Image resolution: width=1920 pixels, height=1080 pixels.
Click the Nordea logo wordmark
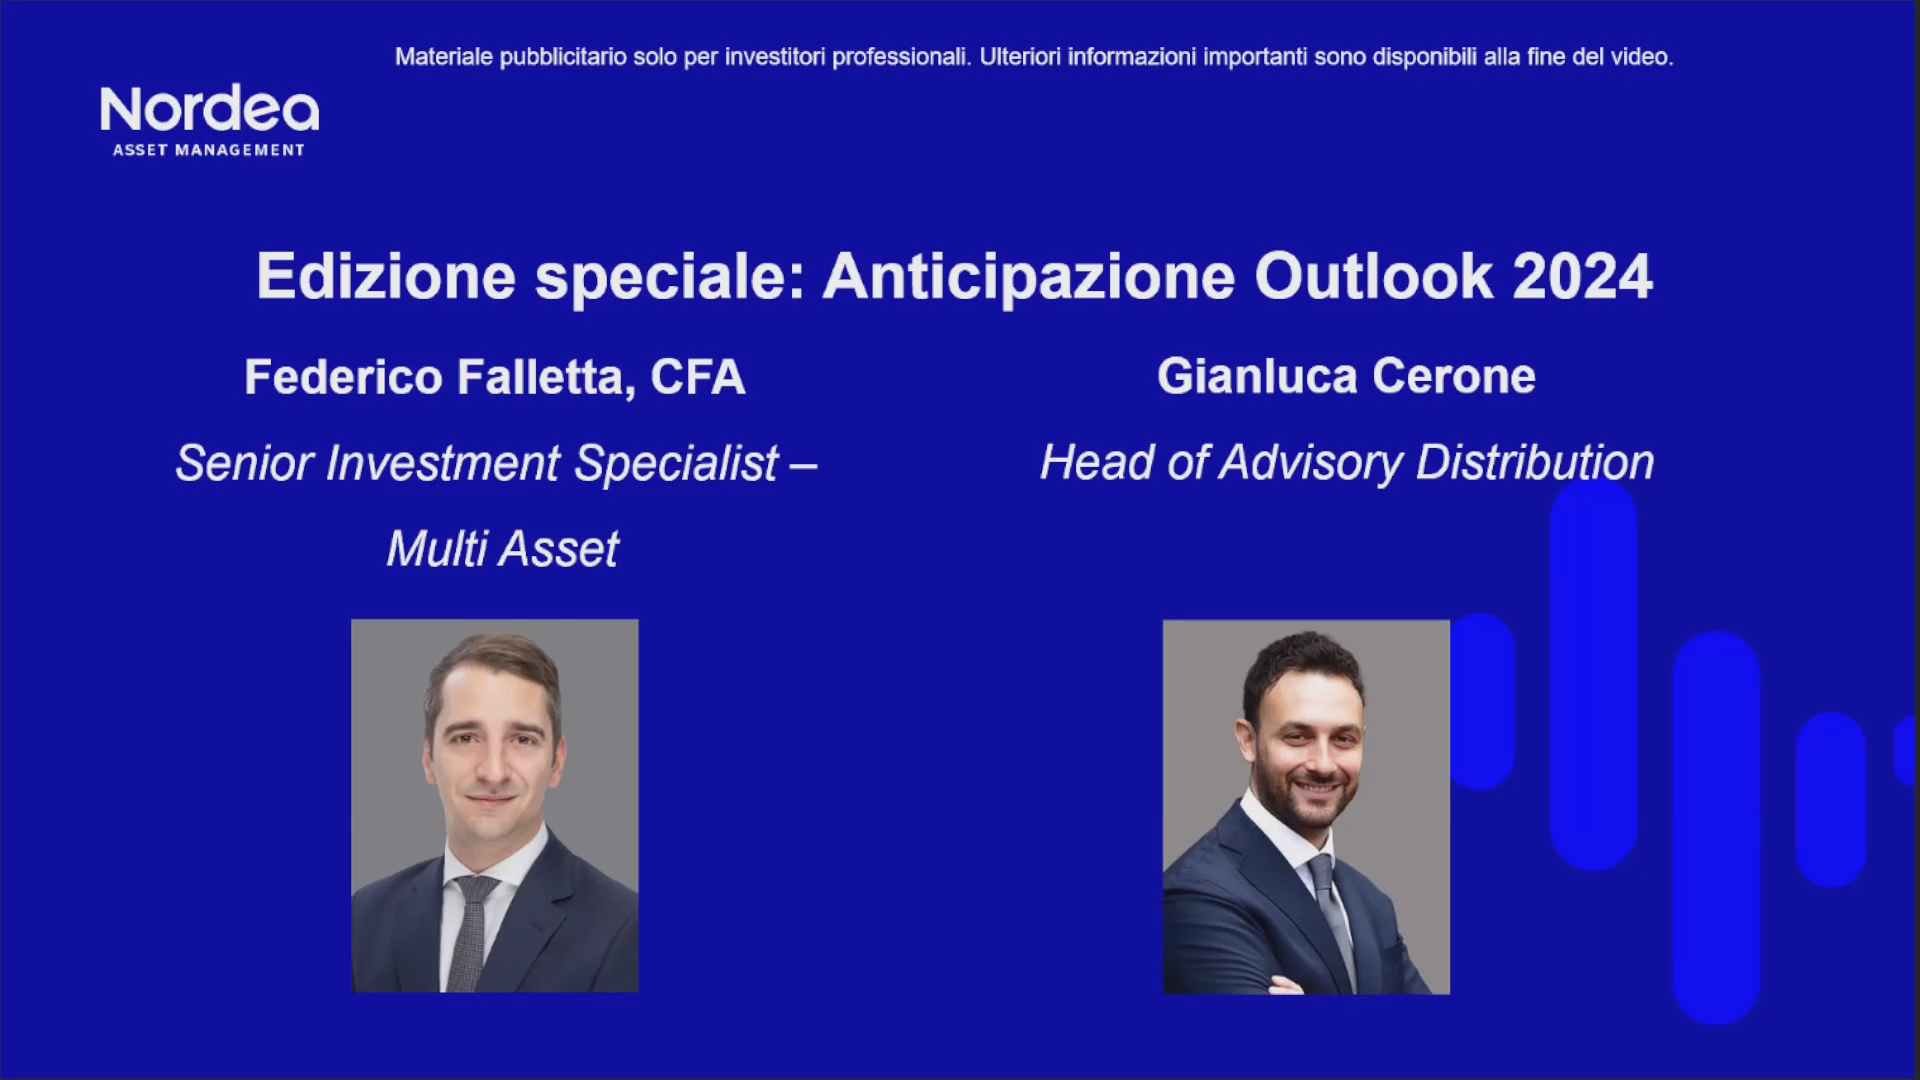(x=209, y=109)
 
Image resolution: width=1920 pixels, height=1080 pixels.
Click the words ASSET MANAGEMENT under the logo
(x=208, y=150)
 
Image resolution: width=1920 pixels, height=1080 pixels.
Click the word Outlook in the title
(x=1373, y=277)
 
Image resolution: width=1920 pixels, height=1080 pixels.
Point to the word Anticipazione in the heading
(x=1028, y=277)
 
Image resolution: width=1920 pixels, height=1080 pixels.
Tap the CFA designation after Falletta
(x=698, y=378)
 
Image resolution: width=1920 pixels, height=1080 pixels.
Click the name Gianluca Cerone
(x=1346, y=377)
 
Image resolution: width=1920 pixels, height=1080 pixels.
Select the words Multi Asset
(x=502, y=549)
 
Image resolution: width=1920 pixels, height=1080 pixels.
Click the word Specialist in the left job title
(x=677, y=464)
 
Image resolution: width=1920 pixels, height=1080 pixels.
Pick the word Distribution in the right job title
(x=1534, y=463)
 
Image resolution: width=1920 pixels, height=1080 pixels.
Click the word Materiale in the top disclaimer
(x=443, y=57)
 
